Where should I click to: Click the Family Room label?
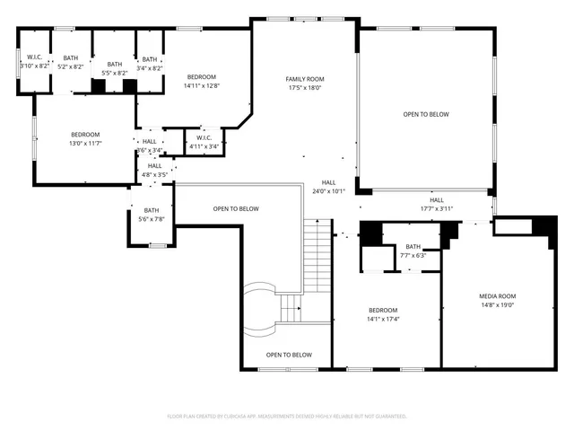click(x=305, y=79)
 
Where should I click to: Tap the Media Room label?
click(x=497, y=296)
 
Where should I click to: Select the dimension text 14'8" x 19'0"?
click(x=497, y=305)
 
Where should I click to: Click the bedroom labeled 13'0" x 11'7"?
click(x=85, y=138)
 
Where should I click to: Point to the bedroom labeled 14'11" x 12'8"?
click(x=202, y=82)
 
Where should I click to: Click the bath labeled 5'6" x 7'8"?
click(x=152, y=215)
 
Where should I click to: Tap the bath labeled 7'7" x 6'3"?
click(x=413, y=251)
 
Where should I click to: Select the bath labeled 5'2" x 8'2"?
click(x=71, y=63)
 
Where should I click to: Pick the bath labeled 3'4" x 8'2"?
click(x=151, y=63)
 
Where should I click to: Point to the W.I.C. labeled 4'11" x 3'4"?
click(x=204, y=142)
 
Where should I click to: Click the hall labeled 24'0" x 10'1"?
click(x=329, y=187)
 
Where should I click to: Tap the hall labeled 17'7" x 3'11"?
click(x=437, y=205)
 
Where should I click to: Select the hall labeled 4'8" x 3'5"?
click(x=155, y=170)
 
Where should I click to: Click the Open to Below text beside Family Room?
click(x=426, y=114)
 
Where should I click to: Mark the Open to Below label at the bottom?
click(x=289, y=356)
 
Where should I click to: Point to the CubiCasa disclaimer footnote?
click(x=287, y=417)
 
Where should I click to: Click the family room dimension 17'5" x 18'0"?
click(x=305, y=88)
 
